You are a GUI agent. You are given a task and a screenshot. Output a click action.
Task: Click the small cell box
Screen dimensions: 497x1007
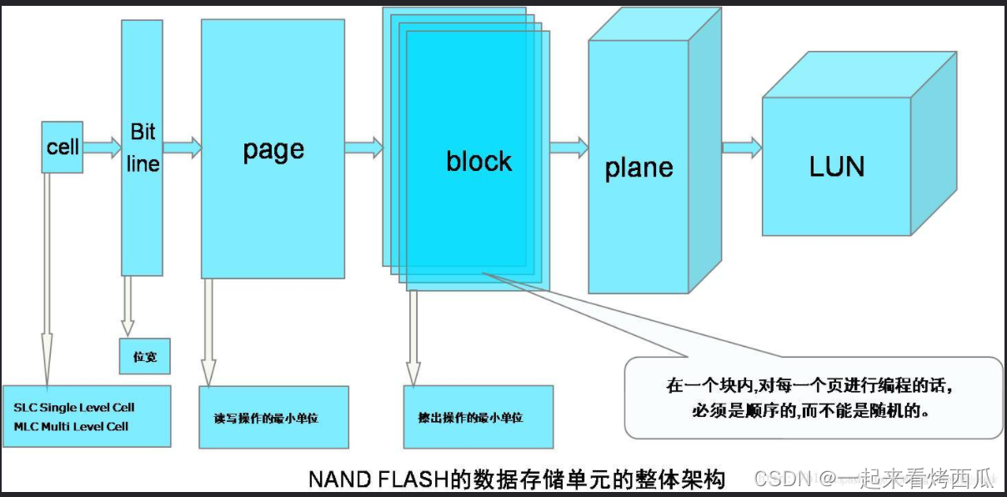point(63,148)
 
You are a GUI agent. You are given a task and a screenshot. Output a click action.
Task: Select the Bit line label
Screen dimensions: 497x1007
point(143,148)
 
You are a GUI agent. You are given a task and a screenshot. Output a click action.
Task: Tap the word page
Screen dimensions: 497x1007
point(273,150)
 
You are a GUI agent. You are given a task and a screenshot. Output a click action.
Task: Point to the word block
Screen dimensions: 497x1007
point(478,161)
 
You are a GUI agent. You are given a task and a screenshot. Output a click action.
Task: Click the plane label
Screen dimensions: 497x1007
point(639,168)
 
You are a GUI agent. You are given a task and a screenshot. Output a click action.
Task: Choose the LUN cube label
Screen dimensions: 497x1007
point(836,167)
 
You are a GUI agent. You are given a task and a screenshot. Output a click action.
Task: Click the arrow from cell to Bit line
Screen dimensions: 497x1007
point(102,148)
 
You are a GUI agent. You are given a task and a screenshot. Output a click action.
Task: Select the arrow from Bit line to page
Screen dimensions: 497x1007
point(182,148)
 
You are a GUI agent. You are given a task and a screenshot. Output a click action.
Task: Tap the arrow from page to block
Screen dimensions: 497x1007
point(363,148)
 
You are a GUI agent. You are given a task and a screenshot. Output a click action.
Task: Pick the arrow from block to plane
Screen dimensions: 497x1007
point(569,148)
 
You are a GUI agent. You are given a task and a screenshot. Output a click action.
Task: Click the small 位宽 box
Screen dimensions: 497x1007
point(145,357)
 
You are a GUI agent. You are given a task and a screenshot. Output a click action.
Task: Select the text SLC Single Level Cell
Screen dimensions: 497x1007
point(74,408)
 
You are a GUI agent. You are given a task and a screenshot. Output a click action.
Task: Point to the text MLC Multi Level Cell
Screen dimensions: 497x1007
point(72,426)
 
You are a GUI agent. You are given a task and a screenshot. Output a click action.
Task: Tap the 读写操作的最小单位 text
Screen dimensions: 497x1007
point(260,417)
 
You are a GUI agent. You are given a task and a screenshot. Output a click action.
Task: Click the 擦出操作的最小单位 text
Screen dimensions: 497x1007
point(470,417)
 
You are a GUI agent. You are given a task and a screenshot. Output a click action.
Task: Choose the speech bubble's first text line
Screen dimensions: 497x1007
point(809,387)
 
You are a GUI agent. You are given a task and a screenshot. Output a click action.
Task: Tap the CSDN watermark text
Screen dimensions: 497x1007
point(782,478)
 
